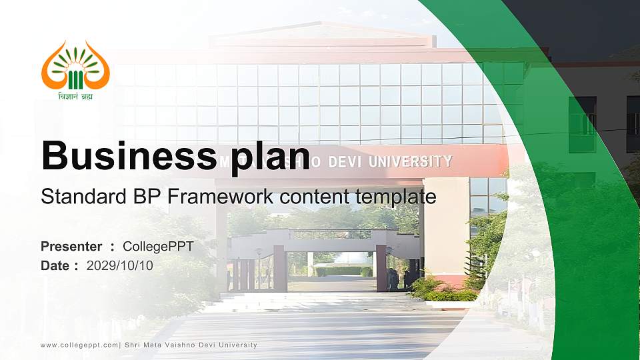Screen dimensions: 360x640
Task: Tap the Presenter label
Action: point(71,247)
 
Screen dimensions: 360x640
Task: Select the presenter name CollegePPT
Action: point(158,247)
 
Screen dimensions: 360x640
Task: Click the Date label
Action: point(55,266)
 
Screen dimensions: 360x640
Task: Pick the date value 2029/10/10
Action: point(120,266)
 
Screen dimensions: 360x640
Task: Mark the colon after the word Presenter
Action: point(112,247)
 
